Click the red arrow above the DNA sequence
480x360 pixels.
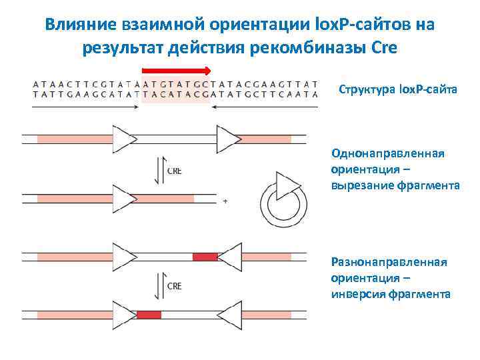click(x=177, y=70)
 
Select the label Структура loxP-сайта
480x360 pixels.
click(x=398, y=90)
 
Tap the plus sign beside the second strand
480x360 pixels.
click(x=225, y=200)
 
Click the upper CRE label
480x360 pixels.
click(x=174, y=171)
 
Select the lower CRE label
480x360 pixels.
click(x=174, y=286)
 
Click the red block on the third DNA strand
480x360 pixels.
click(x=205, y=257)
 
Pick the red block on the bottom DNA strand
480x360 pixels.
click(x=149, y=314)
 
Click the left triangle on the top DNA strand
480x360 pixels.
click(x=124, y=139)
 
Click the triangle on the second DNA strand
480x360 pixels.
click(x=124, y=199)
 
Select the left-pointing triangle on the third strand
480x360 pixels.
click(x=229, y=257)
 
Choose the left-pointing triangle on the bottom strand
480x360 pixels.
click(x=229, y=314)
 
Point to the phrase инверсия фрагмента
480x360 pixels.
click(x=391, y=294)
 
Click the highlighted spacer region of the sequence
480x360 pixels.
click(x=176, y=90)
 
